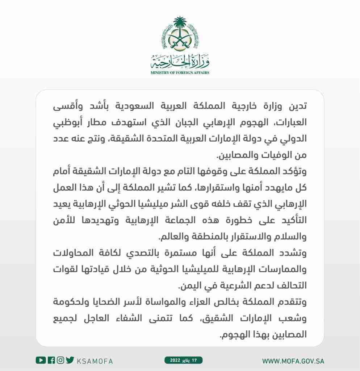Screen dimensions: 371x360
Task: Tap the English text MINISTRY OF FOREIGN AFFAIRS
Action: point(180,72)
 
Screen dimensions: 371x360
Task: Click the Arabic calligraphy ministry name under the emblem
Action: point(180,62)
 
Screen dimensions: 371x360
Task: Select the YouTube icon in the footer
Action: point(41,360)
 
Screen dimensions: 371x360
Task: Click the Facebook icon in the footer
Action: point(51,360)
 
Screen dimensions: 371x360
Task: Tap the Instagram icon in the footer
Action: point(60,360)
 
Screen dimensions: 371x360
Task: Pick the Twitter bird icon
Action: point(70,360)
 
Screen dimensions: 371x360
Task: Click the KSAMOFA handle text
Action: point(95,361)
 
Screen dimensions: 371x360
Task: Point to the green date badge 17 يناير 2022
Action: point(184,360)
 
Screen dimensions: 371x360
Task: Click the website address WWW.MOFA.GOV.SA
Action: point(293,361)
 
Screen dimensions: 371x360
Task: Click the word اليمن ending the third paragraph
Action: point(189,285)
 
